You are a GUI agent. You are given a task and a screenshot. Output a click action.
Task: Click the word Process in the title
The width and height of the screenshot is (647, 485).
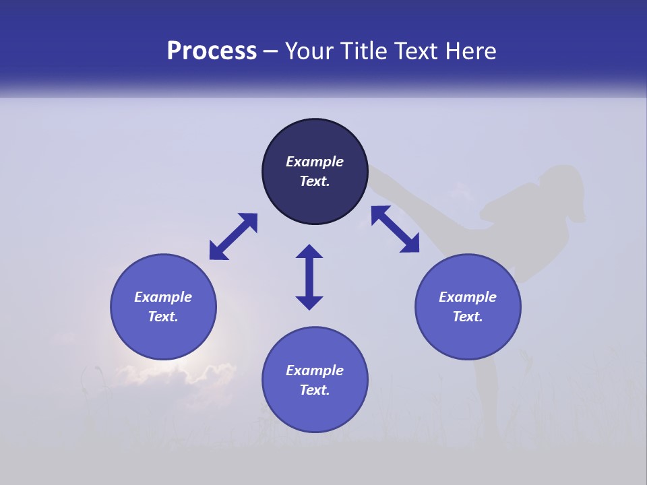pos(212,51)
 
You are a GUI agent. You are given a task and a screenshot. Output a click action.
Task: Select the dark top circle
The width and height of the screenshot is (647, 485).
pos(315,172)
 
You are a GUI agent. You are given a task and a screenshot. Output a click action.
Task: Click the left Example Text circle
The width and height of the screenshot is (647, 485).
pos(163,306)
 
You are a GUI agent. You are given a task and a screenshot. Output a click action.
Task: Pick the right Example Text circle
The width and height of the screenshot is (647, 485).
pos(468,306)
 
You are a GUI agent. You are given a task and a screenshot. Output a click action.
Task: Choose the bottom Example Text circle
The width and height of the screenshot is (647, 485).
pos(315,379)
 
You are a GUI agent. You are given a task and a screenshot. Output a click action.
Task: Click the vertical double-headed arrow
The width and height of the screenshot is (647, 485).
pos(309,277)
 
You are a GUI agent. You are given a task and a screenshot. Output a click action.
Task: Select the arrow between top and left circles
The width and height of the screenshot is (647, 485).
pos(233,236)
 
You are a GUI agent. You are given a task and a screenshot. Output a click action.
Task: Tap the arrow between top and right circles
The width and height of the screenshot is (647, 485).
pos(395,229)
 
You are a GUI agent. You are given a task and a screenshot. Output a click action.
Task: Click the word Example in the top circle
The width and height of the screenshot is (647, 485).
pos(315,162)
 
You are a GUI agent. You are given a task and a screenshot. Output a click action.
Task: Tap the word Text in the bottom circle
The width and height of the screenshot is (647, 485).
pos(315,390)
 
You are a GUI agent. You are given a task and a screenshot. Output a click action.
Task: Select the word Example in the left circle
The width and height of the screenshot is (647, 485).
pos(163,297)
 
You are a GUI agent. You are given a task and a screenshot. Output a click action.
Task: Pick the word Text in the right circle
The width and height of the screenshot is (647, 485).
pos(468,317)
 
